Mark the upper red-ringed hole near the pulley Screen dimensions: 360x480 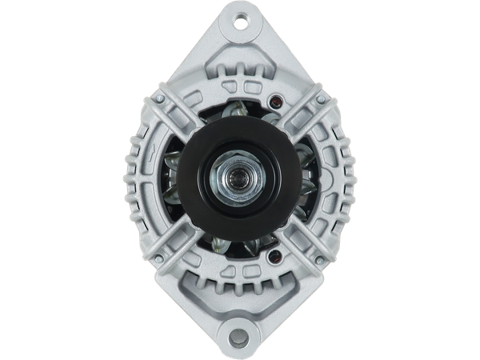coord(276,102)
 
